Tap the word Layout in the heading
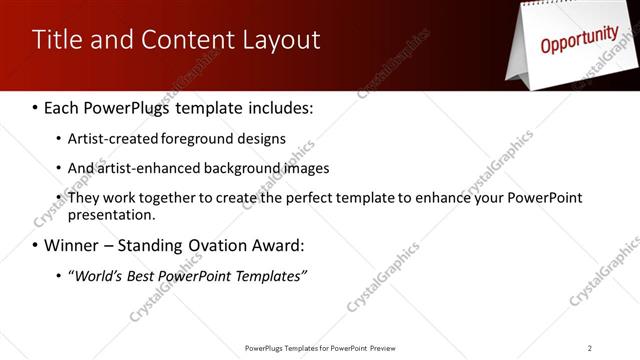click(278, 40)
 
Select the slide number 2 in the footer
click(590, 348)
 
